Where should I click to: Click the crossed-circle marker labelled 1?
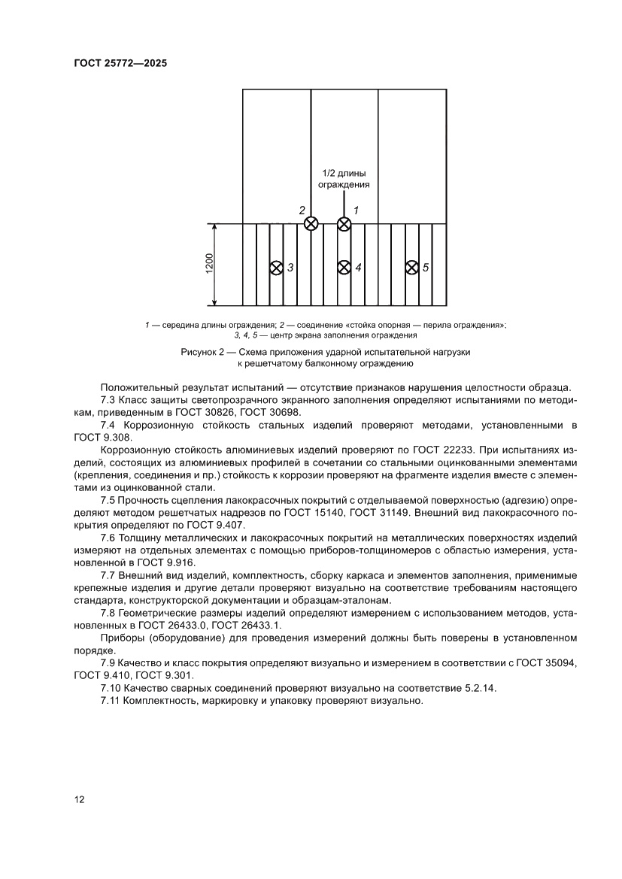click(344, 223)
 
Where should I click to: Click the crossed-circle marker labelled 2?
click(311, 223)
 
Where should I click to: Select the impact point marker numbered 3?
click(276, 268)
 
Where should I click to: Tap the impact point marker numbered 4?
click(344, 268)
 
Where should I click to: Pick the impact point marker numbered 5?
click(411, 268)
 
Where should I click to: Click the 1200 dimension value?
click(209, 265)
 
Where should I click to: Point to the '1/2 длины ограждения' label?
click(344, 178)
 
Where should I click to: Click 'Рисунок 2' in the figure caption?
click(205, 352)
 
